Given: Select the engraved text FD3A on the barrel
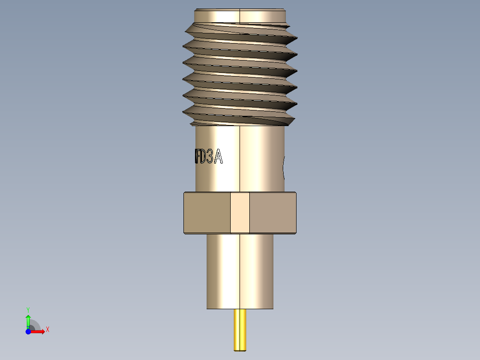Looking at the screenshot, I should point(208,157).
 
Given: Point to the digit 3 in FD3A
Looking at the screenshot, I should point(210,157).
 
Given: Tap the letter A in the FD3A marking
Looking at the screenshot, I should point(218,157).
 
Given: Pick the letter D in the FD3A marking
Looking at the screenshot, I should point(202,157).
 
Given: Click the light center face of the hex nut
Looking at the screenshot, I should point(240,213).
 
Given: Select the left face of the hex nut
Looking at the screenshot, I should point(207,213).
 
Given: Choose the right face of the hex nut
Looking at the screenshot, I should point(273,213).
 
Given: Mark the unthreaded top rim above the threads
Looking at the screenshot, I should point(240,15).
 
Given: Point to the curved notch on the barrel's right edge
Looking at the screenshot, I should point(284,167).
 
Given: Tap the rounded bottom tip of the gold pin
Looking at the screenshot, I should point(240,350).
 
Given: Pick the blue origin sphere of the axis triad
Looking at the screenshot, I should point(28,331).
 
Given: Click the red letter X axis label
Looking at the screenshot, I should point(48,330).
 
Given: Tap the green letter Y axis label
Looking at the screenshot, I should point(28,309).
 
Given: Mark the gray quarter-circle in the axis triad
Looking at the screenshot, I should point(34,326).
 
